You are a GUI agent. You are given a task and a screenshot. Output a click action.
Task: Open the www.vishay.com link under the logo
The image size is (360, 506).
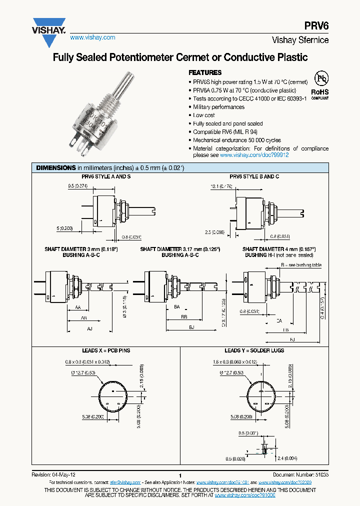coord(92,37)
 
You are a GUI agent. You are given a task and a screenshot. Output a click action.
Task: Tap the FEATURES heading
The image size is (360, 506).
coord(205,72)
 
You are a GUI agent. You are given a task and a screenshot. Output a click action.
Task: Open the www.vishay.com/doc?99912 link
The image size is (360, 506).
coord(254,155)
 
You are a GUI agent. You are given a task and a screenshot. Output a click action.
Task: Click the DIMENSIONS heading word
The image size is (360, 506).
coord(55,168)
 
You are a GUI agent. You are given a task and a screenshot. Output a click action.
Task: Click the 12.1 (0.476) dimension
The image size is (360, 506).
coord(221,186)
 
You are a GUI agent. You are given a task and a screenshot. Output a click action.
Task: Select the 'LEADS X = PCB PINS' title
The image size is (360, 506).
coord(106,350)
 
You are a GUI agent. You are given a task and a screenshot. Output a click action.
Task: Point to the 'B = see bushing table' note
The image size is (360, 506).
coord(301,265)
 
